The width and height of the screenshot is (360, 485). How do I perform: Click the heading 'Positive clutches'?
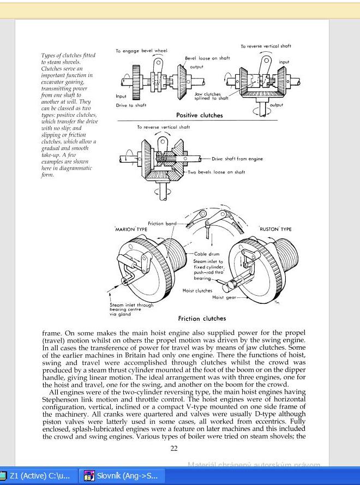[x=199, y=116]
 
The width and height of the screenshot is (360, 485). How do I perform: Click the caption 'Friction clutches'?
[x=202, y=319]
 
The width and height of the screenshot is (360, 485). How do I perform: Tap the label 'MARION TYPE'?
[x=131, y=230]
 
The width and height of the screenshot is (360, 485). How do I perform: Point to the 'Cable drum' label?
[x=205, y=254]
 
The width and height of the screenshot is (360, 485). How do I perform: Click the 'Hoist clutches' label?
[x=196, y=291]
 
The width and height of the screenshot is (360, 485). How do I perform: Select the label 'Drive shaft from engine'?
[x=237, y=159]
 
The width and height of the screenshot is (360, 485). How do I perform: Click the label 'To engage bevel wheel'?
[x=141, y=51]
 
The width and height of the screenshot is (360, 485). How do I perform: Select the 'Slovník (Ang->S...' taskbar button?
[x=122, y=476]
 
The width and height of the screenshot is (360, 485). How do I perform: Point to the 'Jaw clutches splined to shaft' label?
[x=212, y=97]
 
